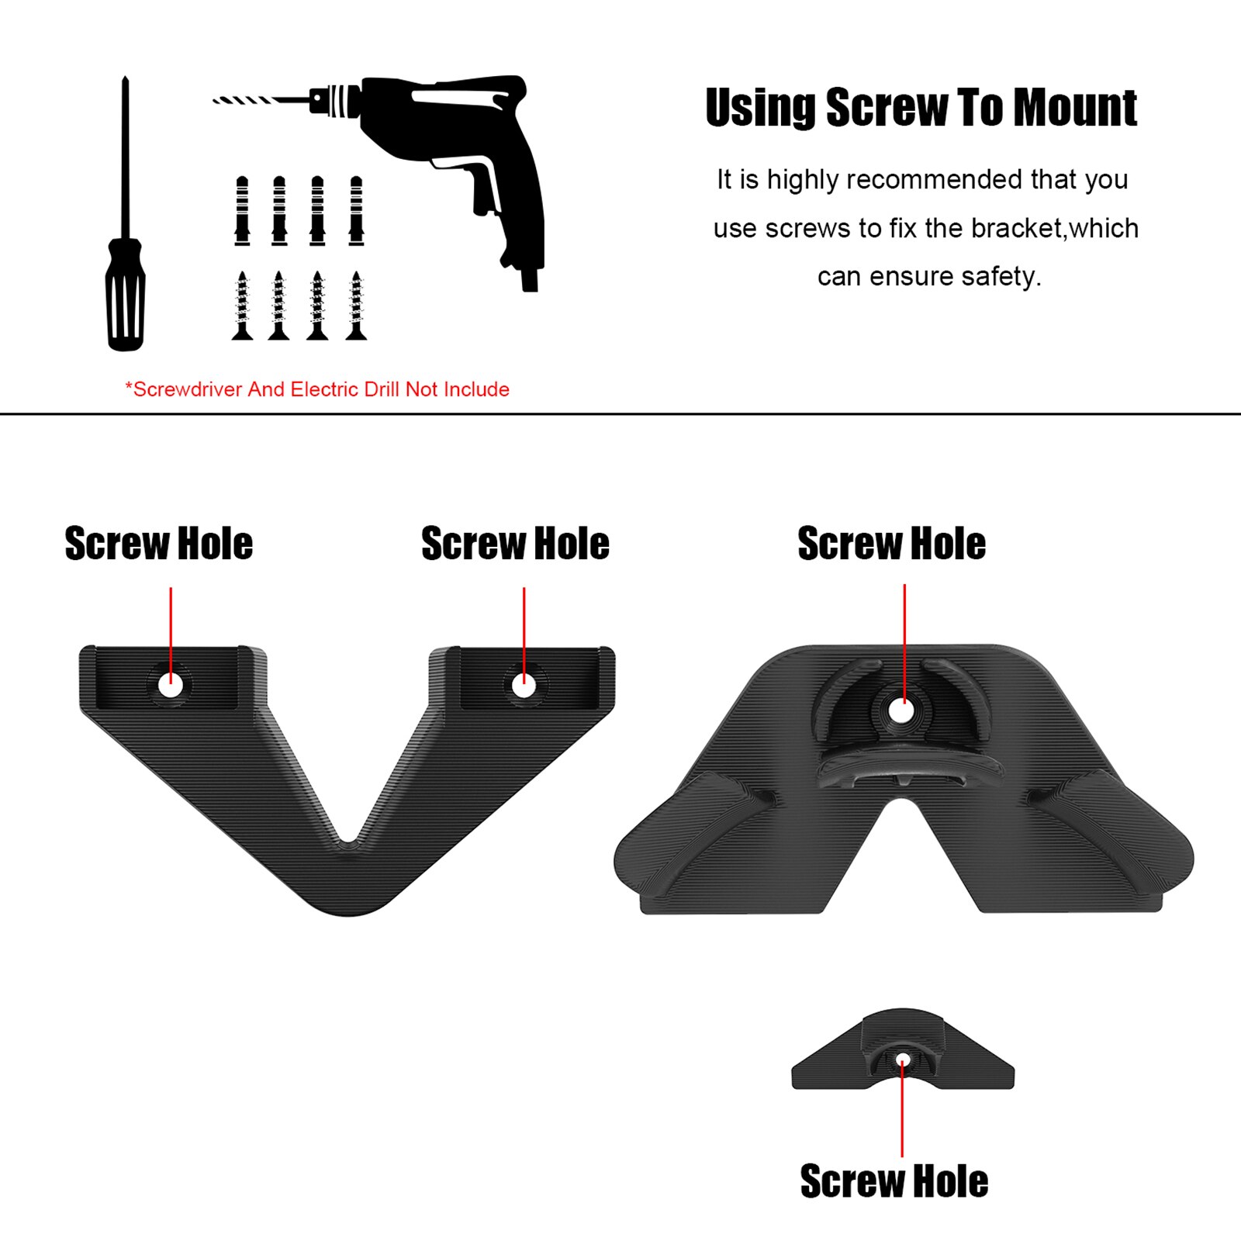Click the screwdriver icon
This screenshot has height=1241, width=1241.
click(x=125, y=233)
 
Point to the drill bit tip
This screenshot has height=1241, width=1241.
click(x=217, y=100)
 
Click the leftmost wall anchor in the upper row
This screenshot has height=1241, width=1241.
click(x=242, y=211)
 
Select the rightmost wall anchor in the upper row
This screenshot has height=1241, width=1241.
click(x=356, y=211)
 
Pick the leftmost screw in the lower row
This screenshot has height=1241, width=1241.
click(x=242, y=306)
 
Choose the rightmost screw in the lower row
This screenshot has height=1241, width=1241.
click(x=356, y=306)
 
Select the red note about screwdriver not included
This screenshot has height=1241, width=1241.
click(x=317, y=389)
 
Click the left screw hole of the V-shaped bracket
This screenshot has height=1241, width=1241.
click(x=171, y=685)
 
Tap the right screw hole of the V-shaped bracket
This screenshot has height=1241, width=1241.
click(x=524, y=685)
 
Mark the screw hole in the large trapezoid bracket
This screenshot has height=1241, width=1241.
click(x=901, y=710)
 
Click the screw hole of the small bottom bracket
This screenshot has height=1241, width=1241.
click(x=902, y=1060)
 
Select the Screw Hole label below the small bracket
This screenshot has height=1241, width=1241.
click(x=894, y=1181)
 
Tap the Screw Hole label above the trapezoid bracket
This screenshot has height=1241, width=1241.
click(x=892, y=544)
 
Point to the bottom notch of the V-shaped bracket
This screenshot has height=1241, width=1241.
click(x=349, y=842)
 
